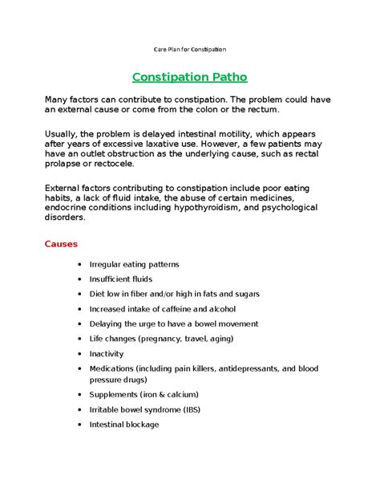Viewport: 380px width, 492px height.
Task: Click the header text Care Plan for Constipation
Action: [190, 50]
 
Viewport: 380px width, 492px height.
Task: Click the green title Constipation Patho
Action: [189, 78]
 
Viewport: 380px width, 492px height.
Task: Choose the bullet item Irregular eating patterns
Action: [134, 264]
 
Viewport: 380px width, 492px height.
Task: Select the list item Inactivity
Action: [107, 353]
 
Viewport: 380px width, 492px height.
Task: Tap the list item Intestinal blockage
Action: [124, 425]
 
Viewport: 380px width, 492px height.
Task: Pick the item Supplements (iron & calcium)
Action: [144, 394]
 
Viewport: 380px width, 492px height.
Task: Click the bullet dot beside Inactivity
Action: [79, 354]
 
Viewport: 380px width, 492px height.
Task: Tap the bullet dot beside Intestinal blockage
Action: [79, 425]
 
